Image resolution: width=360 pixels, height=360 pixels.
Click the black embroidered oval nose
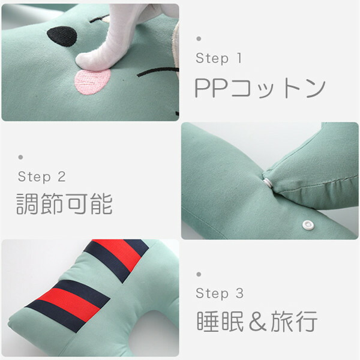tap(62, 35)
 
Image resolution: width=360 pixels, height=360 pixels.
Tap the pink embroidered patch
tap(92, 81)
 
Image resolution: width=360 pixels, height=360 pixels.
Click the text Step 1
tap(218, 58)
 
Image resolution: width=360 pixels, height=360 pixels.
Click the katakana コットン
tap(278, 89)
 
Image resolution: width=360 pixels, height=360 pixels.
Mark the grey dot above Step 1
tap(199, 38)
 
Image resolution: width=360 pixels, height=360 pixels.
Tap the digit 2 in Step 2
tap(62, 177)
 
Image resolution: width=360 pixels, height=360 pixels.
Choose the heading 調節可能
tap(65, 203)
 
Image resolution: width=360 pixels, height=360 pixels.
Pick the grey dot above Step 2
tap(20, 157)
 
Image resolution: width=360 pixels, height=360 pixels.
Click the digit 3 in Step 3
tap(239, 293)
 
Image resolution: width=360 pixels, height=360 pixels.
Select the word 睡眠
tap(220, 322)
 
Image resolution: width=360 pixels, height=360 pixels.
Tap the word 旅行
tap(294, 322)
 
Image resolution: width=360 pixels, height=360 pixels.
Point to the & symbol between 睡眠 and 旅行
tap(257, 322)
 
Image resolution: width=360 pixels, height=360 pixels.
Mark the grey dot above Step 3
tap(199, 274)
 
